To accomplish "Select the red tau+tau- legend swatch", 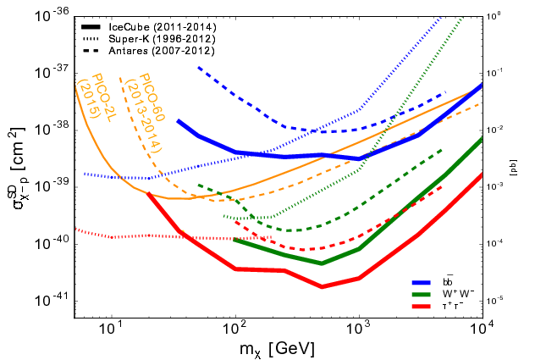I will (x=419, y=306).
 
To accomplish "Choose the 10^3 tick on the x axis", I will (x=359, y=329).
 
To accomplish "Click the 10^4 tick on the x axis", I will (x=482, y=329).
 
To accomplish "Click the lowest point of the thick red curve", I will (x=323, y=286).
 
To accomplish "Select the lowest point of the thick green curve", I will (x=323, y=263).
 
